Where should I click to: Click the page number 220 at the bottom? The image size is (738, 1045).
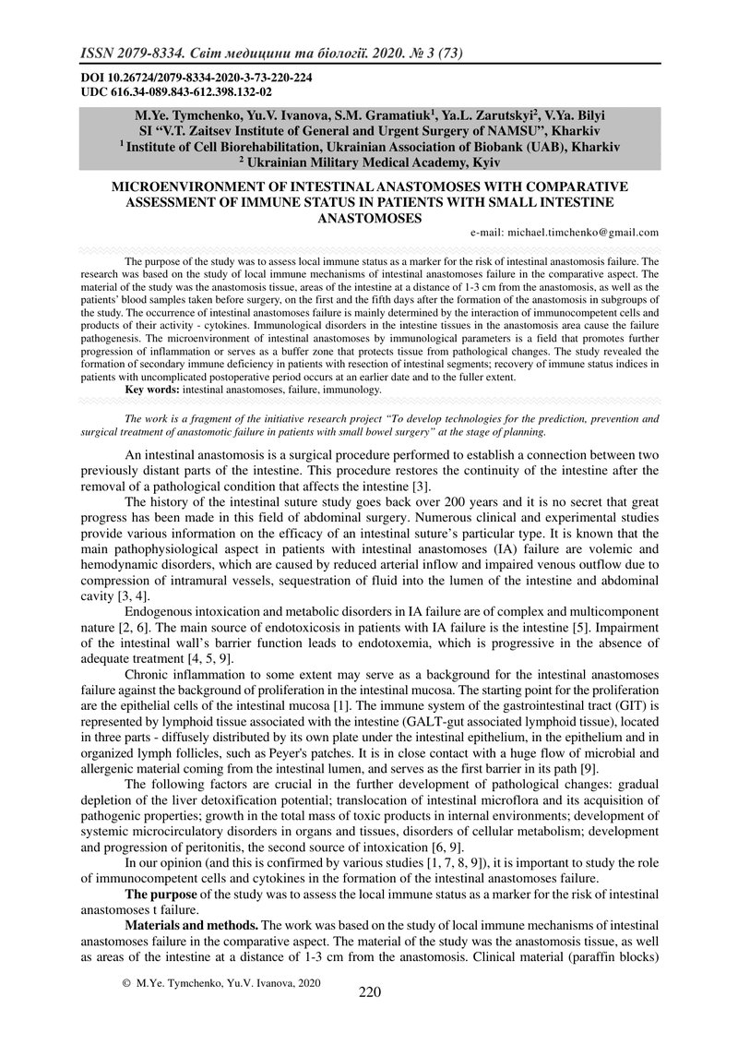[x=369, y=992]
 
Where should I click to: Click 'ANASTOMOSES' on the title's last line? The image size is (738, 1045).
[x=369, y=218]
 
